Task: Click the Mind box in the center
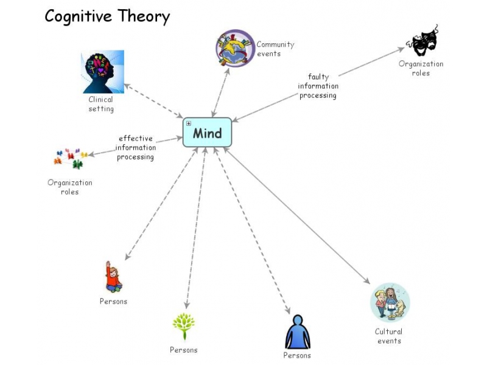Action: point(208,133)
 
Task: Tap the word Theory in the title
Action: point(141,16)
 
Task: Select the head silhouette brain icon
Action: point(103,72)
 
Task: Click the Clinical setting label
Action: point(101,104)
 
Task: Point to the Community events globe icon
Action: point(235,48)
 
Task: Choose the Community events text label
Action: point(275,49)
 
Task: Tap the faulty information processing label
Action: point(318,86)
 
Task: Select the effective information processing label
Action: point(135,147)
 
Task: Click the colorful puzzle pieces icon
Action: point(71,158)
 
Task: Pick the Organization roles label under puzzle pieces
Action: point(70,187)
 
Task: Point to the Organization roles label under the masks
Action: point(421,68)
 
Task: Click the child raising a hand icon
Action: point(113,277)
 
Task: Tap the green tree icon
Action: point(183,326)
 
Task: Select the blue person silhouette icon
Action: point(297,332)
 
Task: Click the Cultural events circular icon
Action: point(390,302)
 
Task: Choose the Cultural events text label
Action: point(389,336)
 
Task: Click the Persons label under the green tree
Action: point(183,350)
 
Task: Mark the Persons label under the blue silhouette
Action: point(297,355)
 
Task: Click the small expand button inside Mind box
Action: point(189,123)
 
